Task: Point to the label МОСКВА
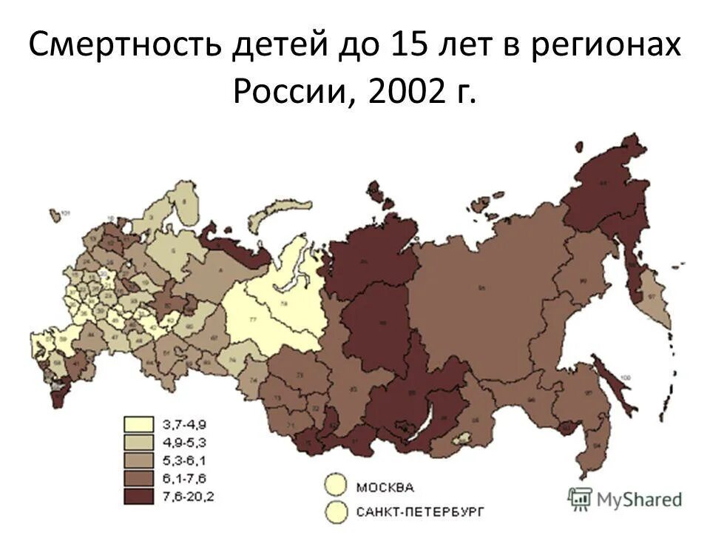(385, 486)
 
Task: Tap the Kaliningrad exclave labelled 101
(54, 215)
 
